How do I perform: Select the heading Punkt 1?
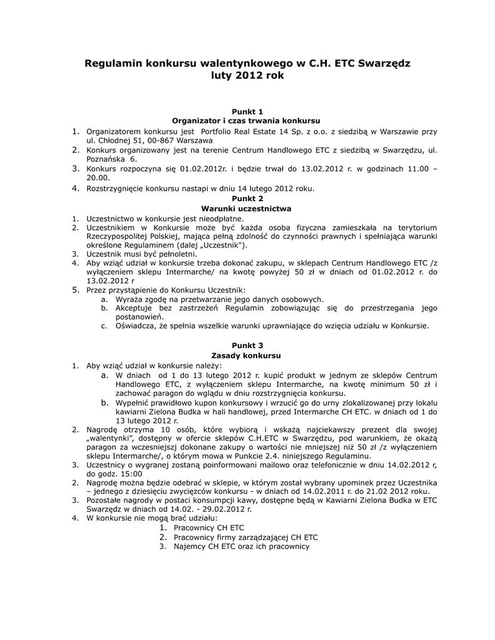[247, 111]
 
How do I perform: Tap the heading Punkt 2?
[247, 198]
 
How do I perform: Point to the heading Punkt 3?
[247, 345]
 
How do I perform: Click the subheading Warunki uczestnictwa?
[247, 208]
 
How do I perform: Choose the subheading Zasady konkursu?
[247, 355]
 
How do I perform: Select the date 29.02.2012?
[226, 509]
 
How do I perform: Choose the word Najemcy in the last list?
[190, 546]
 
